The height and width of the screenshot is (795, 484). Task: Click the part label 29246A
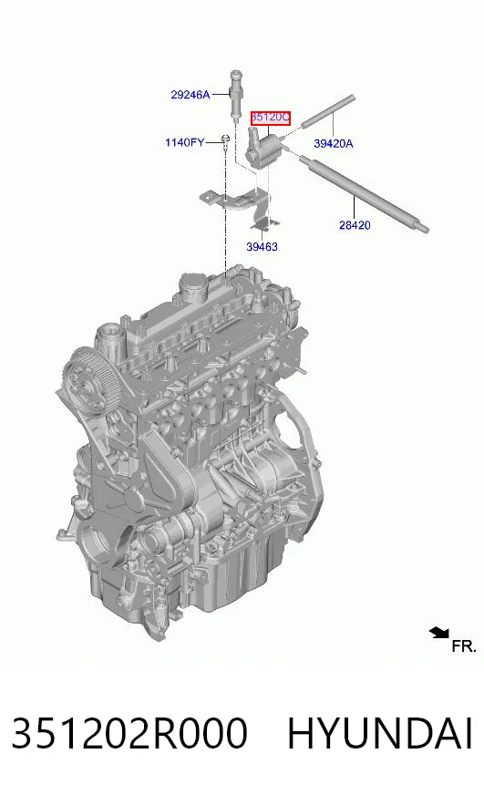[191, 94]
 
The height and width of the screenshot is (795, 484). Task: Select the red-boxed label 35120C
[271, 119]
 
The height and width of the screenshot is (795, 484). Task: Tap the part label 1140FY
[184, 142]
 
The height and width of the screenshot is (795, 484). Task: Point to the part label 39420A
[334, 143]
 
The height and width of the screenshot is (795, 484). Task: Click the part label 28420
[355, 225]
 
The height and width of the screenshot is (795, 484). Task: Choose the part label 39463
[262, 247]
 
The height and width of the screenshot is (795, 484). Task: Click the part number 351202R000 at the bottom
[129, 734]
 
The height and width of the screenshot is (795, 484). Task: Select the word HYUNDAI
[380, 734]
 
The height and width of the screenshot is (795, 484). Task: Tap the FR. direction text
[464, 646]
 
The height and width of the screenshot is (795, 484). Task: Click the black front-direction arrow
[439, 632]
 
